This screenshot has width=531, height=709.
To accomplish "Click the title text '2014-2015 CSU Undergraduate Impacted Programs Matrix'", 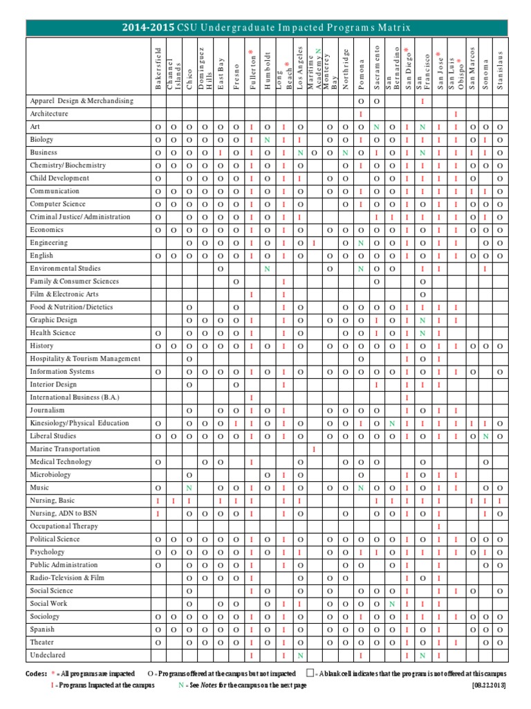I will click(265, 27).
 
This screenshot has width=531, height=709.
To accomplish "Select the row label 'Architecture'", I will click(48, 114).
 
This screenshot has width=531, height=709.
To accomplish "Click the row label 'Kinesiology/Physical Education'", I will click(79, 423).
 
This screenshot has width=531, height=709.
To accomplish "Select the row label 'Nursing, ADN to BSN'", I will click(62, 513).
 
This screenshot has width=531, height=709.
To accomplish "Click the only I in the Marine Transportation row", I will click(315, 449).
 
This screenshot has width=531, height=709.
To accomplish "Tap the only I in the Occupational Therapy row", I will click(438, 526).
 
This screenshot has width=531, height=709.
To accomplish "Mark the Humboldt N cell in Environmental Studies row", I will click(267, 269).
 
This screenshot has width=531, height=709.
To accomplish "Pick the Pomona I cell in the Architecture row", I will click(361, 114).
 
